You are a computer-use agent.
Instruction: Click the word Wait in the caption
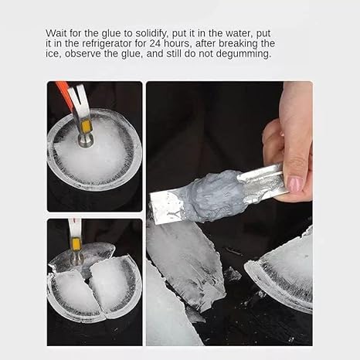(x=55, y=33)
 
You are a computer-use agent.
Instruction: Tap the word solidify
(x=151, y=33)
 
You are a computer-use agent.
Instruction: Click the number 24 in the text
(x=155, y=43)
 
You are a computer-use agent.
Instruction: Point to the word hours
(x=178, y=43)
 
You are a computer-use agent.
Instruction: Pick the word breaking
(x=238, y=44)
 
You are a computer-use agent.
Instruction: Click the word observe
(x=83, y=54)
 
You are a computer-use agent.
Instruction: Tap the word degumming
(x=243, y=54)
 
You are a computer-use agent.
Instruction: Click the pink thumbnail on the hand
(x=295, y=184)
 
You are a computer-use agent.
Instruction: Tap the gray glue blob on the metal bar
(x=216, y=195)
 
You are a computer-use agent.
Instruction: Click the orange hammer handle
(x=63, y=92)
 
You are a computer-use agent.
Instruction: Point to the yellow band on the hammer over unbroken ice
(x=86, y=126)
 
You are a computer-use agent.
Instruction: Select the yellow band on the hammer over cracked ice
(x=76, y=244)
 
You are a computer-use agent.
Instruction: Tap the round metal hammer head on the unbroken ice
(x=86, y=141)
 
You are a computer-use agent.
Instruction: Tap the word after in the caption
(x=205, y=43)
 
